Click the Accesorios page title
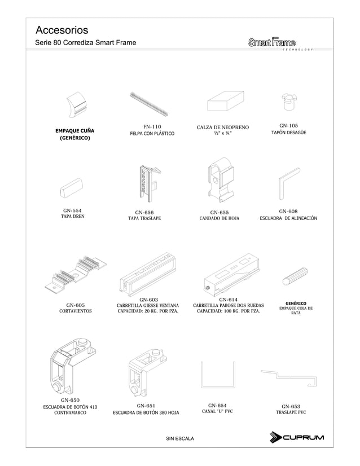click(x=62, y=29)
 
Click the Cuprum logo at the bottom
click(x=297, y=437)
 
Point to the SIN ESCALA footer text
click(x=179, y=438)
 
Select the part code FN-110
click(x=152, y=126)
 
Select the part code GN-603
click(x=148, y=299)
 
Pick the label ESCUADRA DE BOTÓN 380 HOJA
click(x=146, y=413)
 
